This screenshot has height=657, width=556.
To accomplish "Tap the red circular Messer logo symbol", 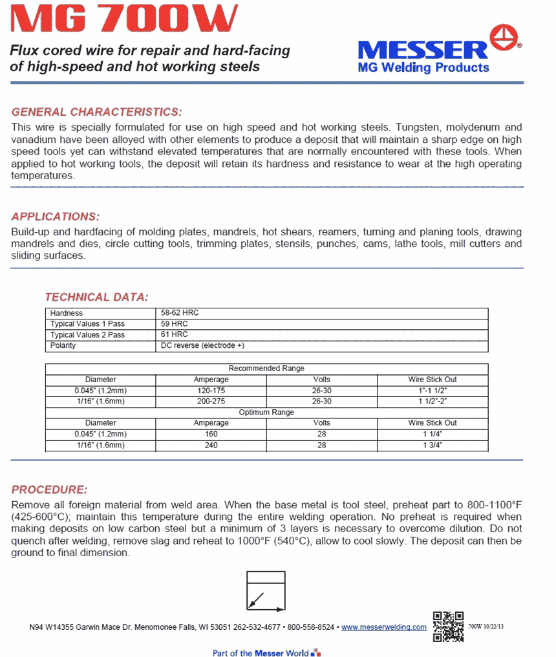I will (504, 38).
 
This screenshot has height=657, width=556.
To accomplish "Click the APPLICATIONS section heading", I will (56, 217).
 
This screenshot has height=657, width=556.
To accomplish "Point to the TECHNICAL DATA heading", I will (96, 297).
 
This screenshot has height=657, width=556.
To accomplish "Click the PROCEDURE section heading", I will (49, 490).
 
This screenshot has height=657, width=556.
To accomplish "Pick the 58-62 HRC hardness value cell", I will (180, 313).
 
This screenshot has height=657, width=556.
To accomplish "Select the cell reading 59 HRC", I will (175, 324).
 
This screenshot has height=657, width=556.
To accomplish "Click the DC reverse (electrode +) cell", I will (202, 346).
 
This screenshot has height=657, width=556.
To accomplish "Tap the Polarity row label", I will (63, 346).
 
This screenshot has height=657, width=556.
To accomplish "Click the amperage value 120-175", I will (211, 391).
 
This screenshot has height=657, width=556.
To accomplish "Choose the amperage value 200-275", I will (211, 402).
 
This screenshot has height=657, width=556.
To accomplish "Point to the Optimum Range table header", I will (266, 413).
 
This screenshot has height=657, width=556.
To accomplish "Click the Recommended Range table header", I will (266, 369).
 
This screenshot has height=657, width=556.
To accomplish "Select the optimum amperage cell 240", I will (211, 445).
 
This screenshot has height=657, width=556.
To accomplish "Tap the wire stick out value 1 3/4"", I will (433, 445).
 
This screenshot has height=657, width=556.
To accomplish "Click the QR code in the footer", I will (448, 626).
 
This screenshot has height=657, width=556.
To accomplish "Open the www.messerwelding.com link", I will (383, 627).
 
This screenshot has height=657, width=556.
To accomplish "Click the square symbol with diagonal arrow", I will (265, 592).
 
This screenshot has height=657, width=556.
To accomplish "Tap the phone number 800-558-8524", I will (311, 627).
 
